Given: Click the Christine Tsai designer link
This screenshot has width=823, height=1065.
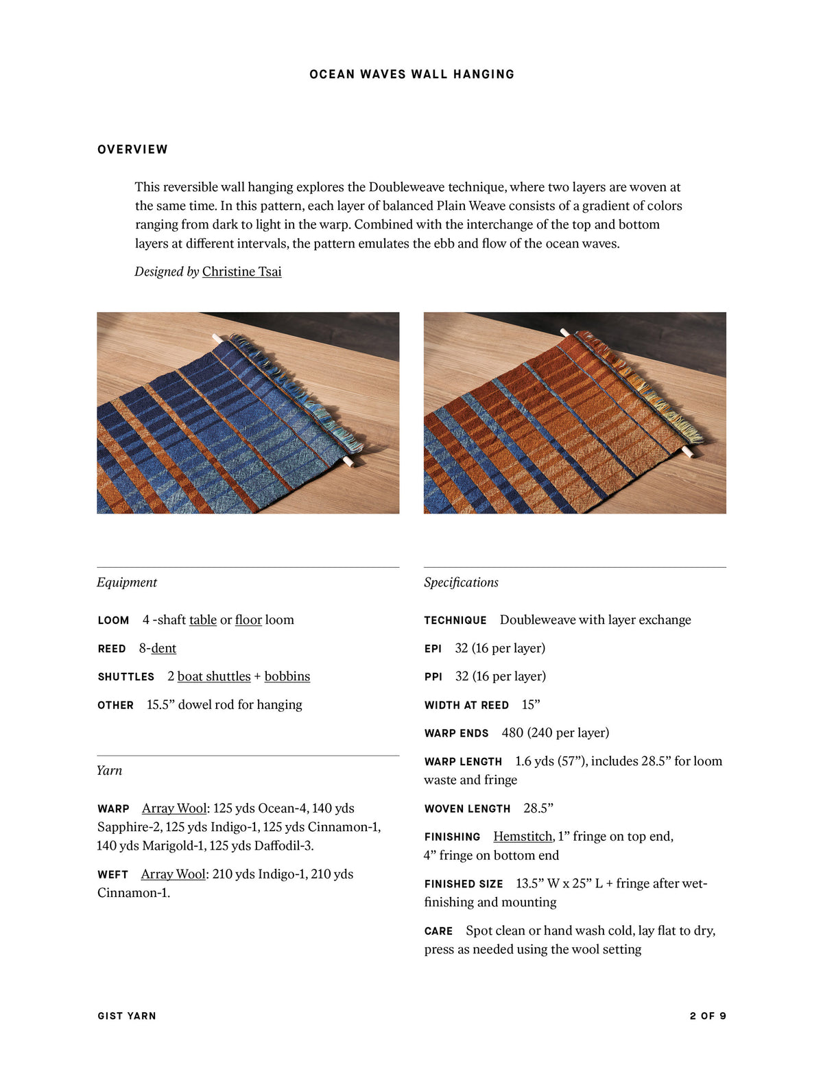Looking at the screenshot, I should click(x=241, y=272).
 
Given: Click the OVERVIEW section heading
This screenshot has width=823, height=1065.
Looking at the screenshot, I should click(x=132, y=149).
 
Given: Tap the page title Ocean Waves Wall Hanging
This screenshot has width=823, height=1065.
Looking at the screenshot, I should click(x=411, y=74).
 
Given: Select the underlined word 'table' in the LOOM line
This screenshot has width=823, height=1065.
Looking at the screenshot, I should click(x=203, y=620).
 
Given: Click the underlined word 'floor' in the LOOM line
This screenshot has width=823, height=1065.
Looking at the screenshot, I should click(x=248, y=620).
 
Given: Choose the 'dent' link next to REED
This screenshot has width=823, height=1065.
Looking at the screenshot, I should click(x=164, y=648).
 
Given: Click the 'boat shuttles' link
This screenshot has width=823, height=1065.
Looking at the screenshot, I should click(x=214, y=676).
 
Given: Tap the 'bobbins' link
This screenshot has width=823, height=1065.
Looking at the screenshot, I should click(x=287, y=676).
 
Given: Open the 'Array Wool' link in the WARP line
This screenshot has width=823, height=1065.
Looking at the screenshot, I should click(x=174, y=809).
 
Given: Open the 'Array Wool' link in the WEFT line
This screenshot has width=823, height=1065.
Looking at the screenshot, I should click(x=173, y=874).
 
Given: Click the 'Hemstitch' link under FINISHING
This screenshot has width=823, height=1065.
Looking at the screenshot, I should click(x=523, y=837).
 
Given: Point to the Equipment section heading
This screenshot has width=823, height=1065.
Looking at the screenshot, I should click(x=127, y=582).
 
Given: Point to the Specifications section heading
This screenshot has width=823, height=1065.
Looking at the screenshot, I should click(x=461, y=582).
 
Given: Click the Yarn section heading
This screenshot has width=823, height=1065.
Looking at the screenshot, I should click(x=110, y=770).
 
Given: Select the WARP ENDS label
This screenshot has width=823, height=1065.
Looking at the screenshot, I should click(x=456, y=733).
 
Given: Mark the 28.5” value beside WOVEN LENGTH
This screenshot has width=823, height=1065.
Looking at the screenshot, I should click(x=538, y=809).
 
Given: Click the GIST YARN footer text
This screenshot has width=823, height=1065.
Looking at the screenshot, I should click(x=127, y=1016).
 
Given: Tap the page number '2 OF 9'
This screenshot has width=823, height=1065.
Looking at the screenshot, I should click(x=708, y=1016).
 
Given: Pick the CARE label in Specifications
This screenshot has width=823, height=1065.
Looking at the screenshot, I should click(x=438, y=931).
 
